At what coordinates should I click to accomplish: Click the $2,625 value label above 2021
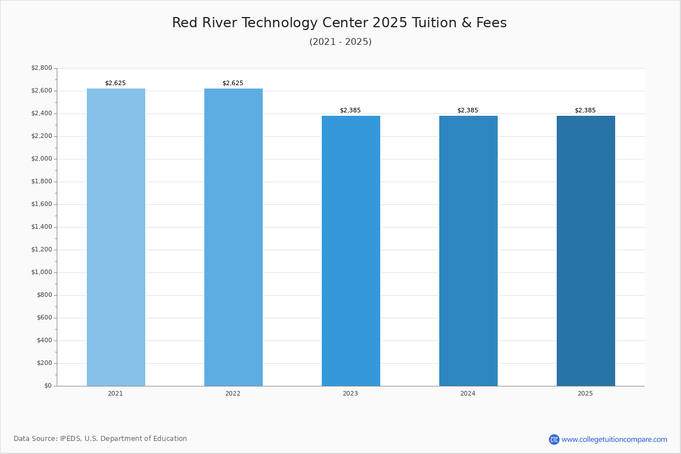coord(115,83)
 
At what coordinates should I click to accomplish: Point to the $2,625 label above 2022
coord(233,83)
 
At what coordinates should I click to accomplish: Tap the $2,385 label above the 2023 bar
coord(350,111)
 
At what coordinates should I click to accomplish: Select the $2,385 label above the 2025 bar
coord(585,111)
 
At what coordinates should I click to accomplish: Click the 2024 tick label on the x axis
coord(468,394)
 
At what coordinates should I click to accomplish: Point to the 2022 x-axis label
coord(233,394)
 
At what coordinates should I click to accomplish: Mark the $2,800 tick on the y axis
coord(41,68)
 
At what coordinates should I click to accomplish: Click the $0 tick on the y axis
coord(48,386)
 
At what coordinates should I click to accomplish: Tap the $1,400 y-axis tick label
coord(41,227)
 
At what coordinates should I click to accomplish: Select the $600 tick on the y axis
coord(44,318)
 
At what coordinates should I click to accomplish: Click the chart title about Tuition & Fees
coord(339,23)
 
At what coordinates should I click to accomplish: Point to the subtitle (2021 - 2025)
coord(340,42)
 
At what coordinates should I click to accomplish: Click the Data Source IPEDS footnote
coord(100,439)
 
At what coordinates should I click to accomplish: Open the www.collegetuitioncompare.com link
coord(614,439)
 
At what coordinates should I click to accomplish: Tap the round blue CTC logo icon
coord(554,439)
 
